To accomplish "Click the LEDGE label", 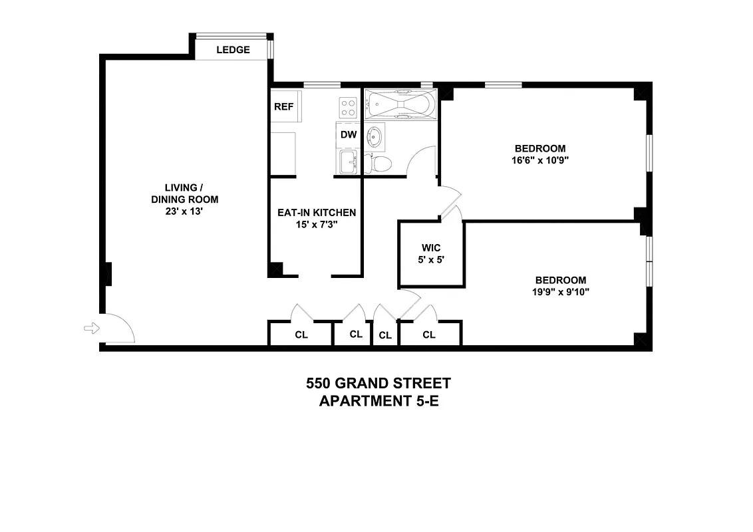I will (233, 50).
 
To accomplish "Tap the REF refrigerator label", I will (283, 106).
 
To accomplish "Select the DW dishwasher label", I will (349, 134).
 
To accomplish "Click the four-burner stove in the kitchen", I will (348, 106).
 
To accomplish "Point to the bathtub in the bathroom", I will (401, 105).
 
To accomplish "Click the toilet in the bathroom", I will (382, 163).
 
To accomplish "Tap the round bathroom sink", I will (376, 136).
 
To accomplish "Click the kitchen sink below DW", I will (348, 160).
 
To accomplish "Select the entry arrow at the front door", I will (90, 327).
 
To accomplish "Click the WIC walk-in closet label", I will (431, 248).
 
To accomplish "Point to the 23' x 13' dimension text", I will (184, 211).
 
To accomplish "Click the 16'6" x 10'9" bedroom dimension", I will (539, 160).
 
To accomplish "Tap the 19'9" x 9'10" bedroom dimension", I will (561, 291).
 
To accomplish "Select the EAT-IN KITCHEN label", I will (317, 213).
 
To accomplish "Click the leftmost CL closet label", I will (301, 334).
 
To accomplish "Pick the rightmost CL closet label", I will (429, 334).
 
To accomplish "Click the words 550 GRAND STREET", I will (378, 383).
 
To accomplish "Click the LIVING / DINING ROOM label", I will (184, 194).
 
